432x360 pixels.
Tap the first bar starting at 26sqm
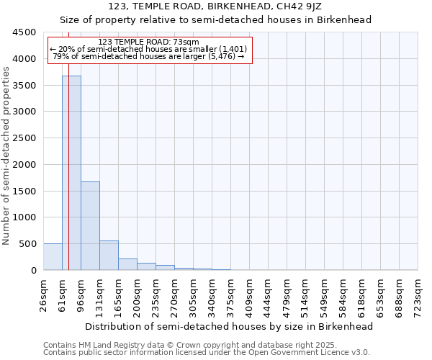point(53,257)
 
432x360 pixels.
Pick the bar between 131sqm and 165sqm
point(109,256)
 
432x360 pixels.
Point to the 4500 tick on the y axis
point(24,32)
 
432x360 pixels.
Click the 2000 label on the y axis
point(24,164)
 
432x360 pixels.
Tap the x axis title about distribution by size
point(230,326)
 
